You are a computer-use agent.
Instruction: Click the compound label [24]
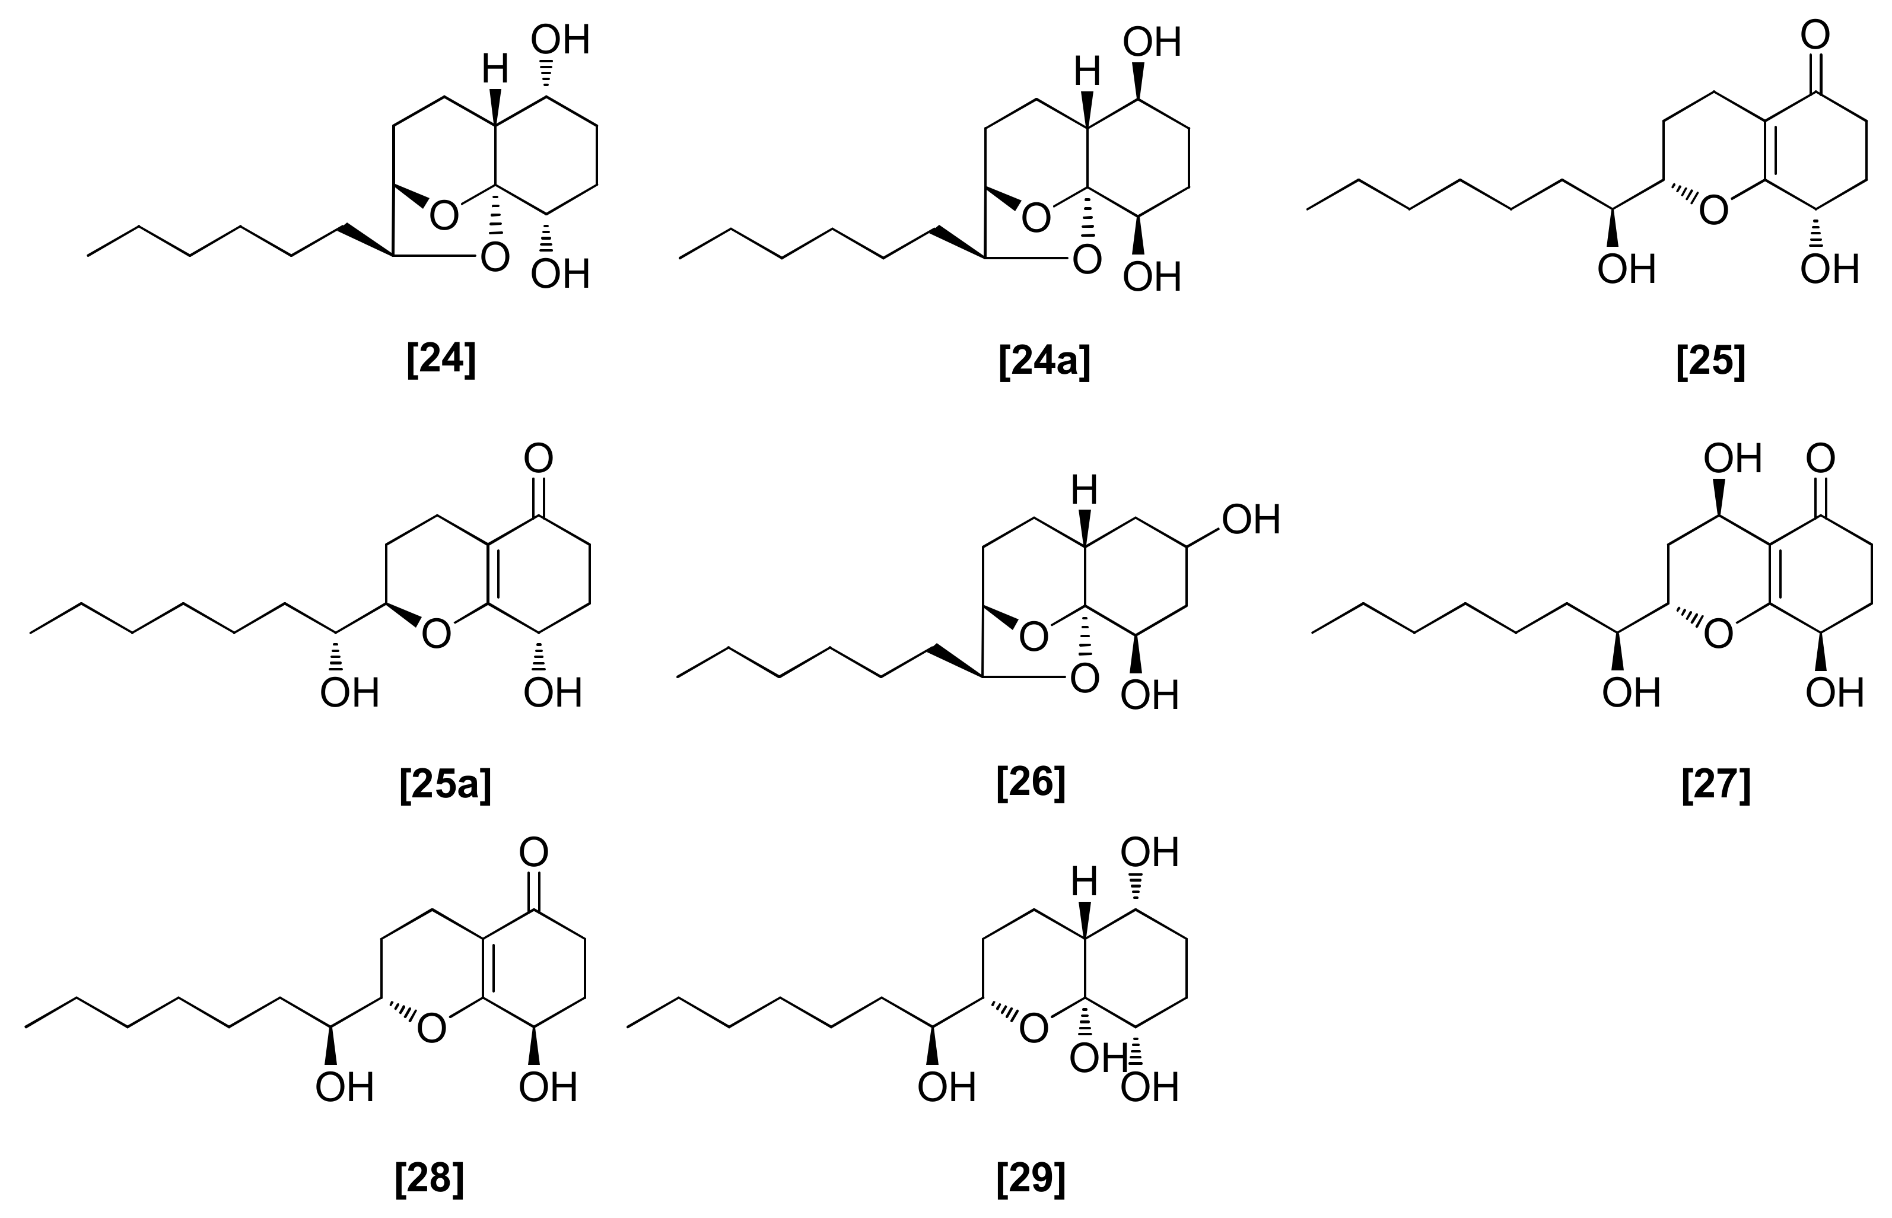[x=441, y=361]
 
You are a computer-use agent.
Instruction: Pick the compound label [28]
[x=429, y=1178]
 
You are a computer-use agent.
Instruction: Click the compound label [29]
[x=1031, y=1178]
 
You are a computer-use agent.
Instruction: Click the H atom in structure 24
[x=495, y=71]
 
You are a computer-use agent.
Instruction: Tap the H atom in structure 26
[x=1085, y=491]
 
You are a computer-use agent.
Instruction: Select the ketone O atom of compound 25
[x=1815, y=36]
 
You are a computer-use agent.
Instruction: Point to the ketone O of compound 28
[x=534, y=853]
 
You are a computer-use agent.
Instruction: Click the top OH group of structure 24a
[x=1152, y=42]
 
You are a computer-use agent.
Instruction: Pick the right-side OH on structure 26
[x=1251, y=520]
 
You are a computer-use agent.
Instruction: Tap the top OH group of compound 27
[x=1732, y=459]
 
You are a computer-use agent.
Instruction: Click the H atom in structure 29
[x=1085, y=881]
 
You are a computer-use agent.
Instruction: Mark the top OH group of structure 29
[x=1150, y=853]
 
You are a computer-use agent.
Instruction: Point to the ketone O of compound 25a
[x=539, y=459]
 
